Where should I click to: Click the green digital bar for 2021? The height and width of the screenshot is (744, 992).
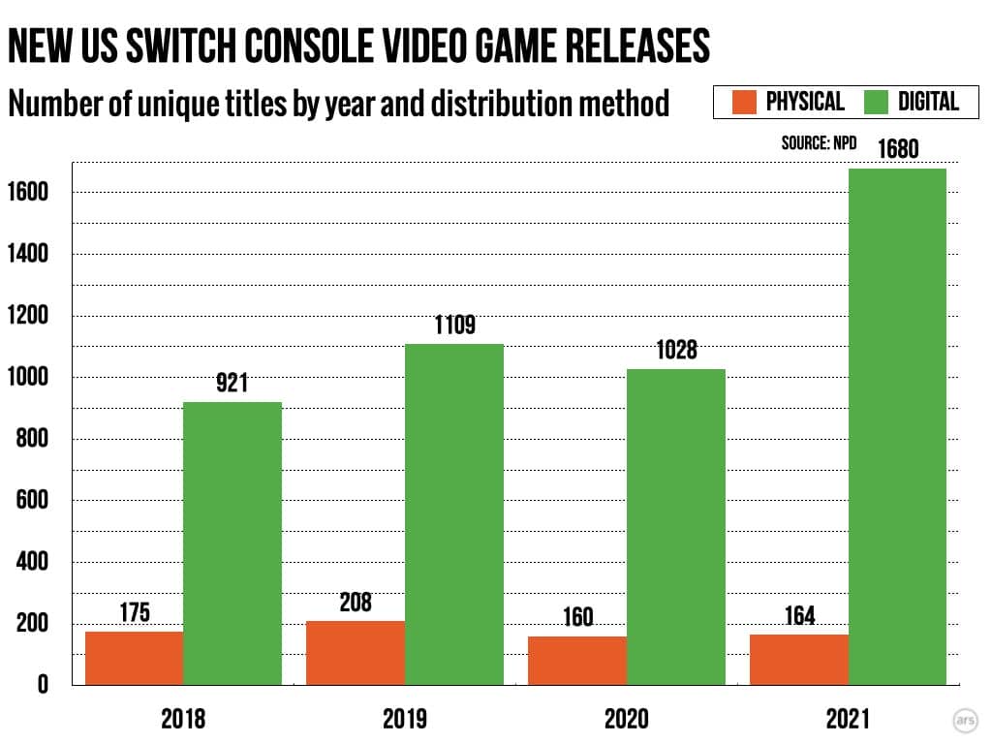pos(897,426)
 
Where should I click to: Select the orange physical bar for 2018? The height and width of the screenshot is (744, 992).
pos(134,659)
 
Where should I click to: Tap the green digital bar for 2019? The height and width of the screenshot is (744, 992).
pos(454,513)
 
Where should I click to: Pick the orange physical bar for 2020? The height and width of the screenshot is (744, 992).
pos(577,661)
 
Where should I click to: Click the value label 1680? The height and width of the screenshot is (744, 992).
pos(897,151)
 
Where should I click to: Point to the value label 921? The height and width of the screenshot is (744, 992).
pos(232,384)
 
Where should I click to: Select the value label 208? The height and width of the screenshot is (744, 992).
pos(356,602)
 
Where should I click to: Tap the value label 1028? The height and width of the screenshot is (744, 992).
pos(676,350)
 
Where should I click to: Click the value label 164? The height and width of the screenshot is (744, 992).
pos(798,615)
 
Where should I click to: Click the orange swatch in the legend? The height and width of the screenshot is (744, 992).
pos(744,102)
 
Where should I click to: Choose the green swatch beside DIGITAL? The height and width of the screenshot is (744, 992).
pos(876,102)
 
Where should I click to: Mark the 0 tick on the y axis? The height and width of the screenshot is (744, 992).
pos(43,686)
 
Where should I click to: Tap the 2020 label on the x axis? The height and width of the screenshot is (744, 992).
pos(626,719)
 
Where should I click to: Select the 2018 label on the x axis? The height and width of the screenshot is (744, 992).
pos(183,719)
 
